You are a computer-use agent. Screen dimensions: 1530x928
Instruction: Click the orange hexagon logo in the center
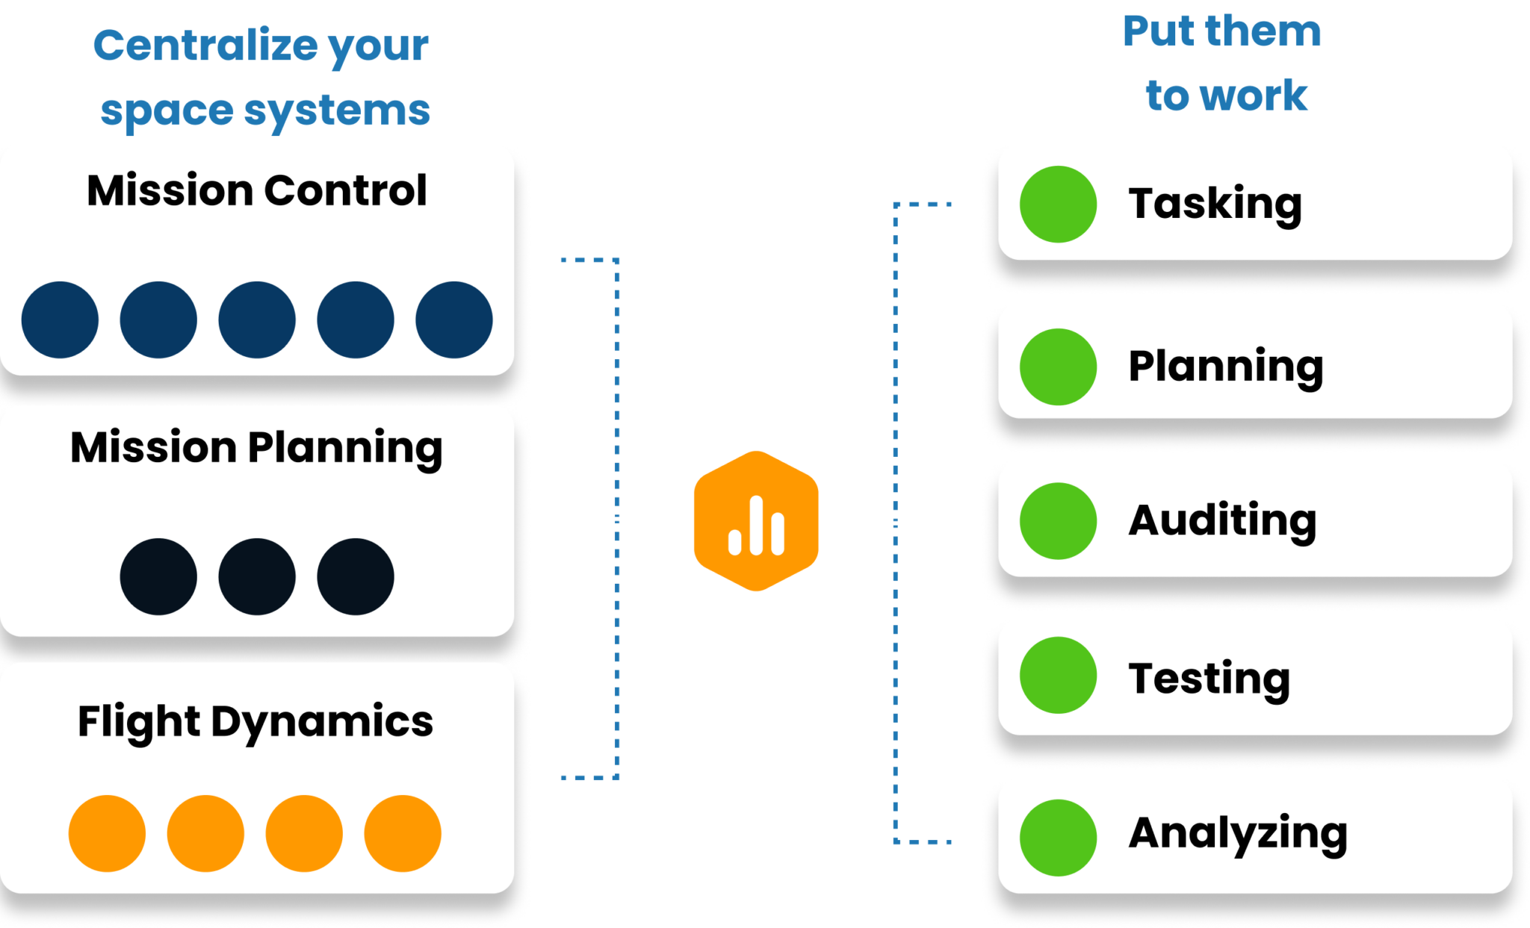tap(756, 521)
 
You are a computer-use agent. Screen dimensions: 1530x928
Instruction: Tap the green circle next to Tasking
tap(1058, 204)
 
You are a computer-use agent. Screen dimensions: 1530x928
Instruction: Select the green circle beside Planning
tap(1058, 367)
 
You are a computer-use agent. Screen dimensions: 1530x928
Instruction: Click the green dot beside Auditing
tap(1058, 521)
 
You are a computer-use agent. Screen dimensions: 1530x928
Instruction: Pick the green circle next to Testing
tap(1058, 675)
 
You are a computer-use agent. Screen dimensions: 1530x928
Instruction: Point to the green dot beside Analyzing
tap(1058, 838)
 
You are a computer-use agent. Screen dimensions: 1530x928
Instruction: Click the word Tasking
tap(1215, 205)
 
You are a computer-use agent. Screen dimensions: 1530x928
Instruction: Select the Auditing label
tap(1223, 521)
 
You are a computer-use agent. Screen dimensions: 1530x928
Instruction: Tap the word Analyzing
tap(1238, 834)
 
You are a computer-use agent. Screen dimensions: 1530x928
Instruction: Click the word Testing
tap(1210, 679)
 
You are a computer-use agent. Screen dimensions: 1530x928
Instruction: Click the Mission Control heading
tap(257, 190)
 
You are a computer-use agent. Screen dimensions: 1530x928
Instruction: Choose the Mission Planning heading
tap(256, 449)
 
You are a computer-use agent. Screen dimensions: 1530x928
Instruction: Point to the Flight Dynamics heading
tap(255, 723)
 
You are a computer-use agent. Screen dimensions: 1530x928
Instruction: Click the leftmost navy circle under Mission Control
tap(60, 320)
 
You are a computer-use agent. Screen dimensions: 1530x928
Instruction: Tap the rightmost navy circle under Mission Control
tap(454, 320)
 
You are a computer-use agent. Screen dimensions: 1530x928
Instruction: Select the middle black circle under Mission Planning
tap(257, 576)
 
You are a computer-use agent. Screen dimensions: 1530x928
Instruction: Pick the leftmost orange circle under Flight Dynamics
tap(107, 833)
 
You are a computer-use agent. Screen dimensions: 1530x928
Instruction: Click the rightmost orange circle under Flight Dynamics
tap(403, 833)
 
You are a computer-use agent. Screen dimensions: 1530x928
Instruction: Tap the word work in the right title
tap(1264, 96)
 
